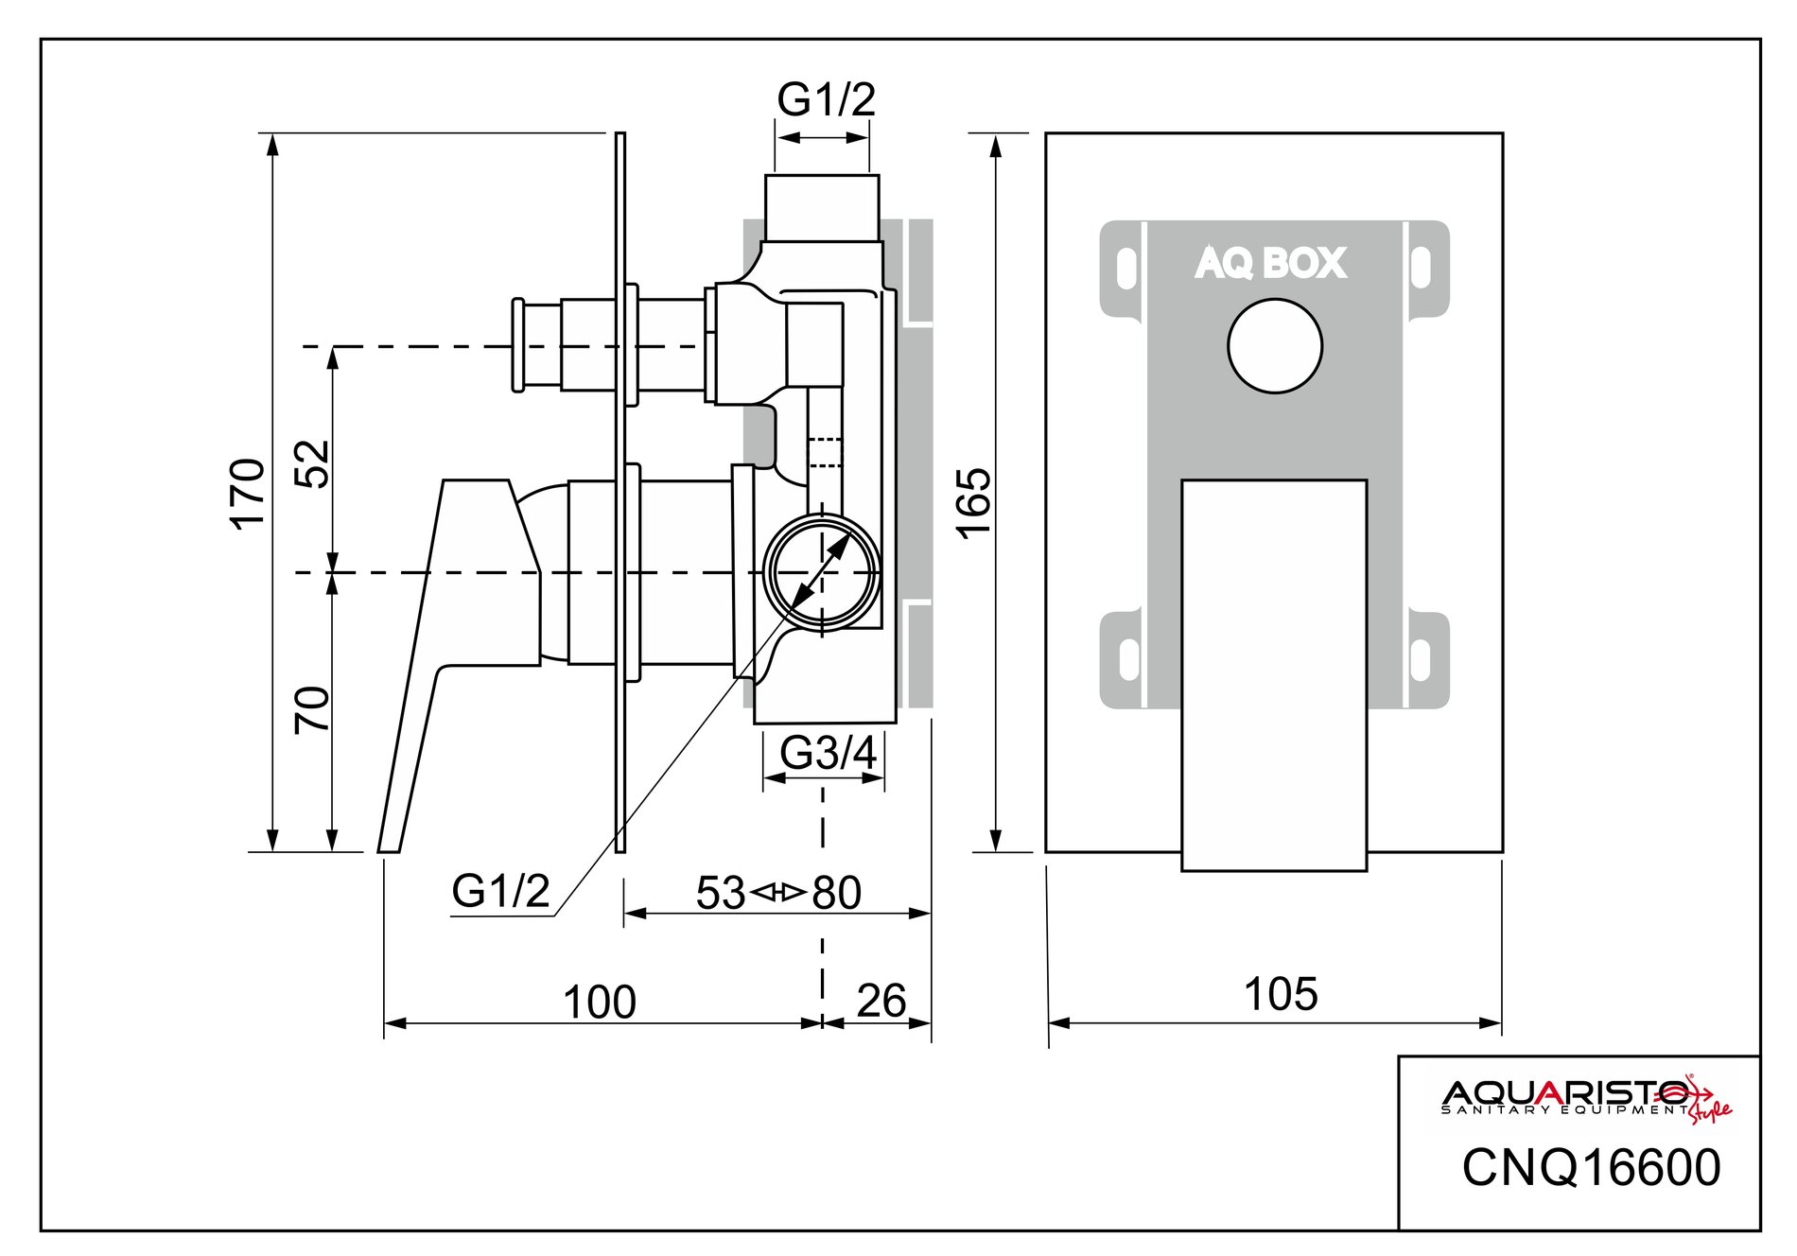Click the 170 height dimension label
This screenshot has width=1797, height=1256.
249,493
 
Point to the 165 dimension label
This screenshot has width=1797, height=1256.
974,503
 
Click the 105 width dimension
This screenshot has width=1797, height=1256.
1280,994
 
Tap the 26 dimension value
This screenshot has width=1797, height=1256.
881,1001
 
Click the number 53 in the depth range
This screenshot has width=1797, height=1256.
721,893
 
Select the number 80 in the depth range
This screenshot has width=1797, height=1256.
837,893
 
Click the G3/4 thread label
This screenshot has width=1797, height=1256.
829,754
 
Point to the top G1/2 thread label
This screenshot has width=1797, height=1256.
826,99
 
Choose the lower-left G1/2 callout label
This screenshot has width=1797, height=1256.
500,890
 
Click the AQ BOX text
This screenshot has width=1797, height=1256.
1270,263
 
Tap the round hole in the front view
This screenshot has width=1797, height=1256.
1274,346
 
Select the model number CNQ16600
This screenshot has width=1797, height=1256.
1591,1168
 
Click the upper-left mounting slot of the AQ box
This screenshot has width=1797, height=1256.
1125,269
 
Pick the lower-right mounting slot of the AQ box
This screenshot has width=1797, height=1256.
1420,659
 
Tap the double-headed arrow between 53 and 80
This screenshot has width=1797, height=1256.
778,892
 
